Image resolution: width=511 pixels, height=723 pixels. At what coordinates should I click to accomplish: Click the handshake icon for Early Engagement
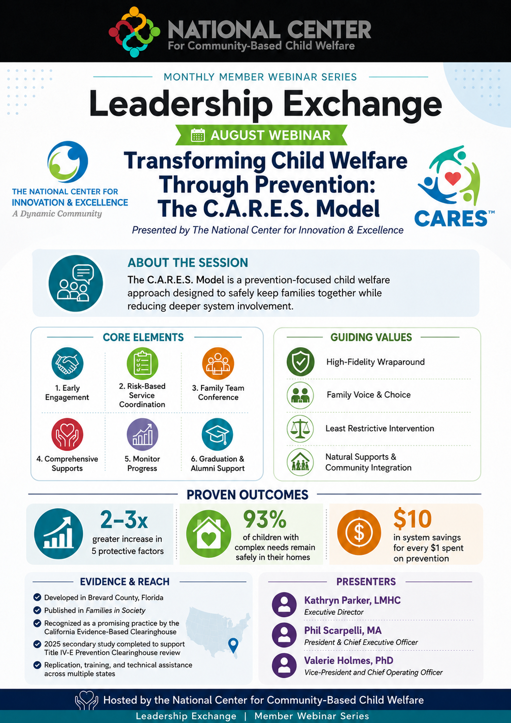point(67,363)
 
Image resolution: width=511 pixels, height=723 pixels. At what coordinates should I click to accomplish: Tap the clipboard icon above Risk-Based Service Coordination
point(142,363)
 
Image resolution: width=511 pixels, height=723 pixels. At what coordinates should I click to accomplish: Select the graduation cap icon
point(217,434)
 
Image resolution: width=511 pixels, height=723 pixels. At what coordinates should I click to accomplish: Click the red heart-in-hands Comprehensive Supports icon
point(67,434)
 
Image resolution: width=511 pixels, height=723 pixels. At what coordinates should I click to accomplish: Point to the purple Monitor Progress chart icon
point(142,434)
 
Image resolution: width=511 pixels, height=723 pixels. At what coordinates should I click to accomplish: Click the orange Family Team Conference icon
point(218,363)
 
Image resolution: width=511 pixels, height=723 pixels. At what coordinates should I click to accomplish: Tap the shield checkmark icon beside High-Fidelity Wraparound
point(300,362)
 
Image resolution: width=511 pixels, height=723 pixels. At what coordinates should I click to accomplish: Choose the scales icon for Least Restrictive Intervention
point(300,428)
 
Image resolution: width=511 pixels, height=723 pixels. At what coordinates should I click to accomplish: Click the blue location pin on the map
point(233,645)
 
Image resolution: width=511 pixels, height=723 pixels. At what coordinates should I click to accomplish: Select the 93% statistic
point(264,519)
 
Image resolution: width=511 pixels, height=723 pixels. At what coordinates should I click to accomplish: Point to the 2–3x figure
point(124,519)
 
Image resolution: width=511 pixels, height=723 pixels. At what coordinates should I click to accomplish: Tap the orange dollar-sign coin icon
point(359,532)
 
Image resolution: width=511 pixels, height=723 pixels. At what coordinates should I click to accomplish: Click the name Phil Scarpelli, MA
point(343,630)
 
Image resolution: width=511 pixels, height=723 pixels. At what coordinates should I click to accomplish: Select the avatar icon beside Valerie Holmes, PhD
point(284,665)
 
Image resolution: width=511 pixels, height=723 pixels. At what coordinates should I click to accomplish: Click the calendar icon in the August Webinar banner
point(198,135)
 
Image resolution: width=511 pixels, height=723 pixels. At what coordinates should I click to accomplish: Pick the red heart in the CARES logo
point(453,178)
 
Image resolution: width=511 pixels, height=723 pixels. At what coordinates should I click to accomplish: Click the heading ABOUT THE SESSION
point(188,262)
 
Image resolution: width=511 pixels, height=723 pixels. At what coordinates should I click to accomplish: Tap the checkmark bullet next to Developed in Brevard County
point(37,597)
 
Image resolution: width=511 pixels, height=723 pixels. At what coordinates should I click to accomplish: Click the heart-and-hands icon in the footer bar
point(87,700)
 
